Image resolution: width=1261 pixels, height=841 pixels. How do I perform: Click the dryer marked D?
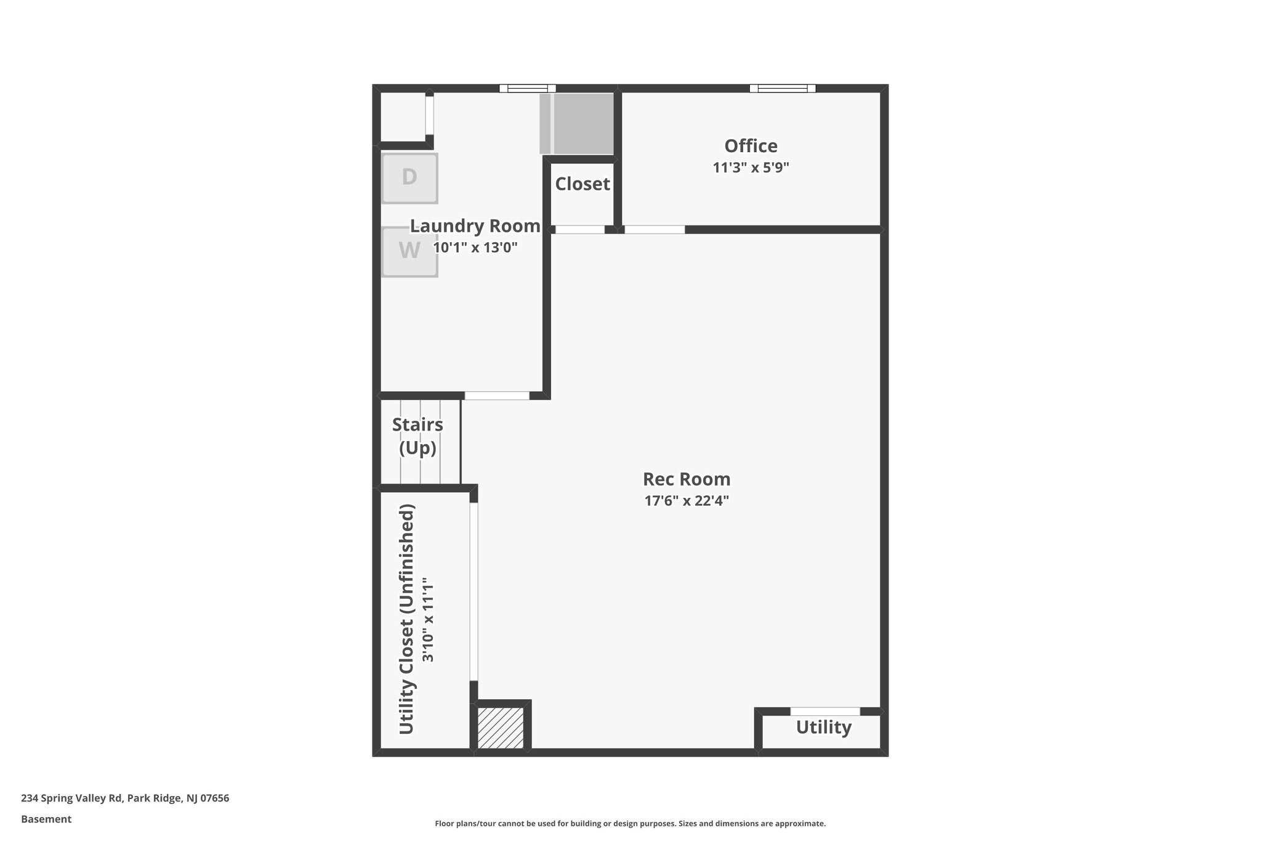[x=409, y=178]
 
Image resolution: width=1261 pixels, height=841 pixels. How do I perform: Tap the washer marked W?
[x=409, y=251]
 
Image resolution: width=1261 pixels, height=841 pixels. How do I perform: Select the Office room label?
[x=751, y=146]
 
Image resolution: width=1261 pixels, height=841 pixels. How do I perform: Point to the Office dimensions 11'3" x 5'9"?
[x=751, y=168]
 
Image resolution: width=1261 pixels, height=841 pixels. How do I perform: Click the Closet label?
[x=582, y=184]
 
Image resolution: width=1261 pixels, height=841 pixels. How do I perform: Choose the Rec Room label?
[x=687, y=479]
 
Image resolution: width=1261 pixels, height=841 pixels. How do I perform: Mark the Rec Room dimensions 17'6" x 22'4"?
[x=687, y=501]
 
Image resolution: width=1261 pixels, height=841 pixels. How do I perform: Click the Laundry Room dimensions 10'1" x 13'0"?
[x=475, y=248]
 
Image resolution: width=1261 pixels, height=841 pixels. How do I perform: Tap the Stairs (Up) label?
[x=417, y=436]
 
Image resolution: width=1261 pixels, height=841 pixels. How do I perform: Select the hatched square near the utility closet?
[x=501, y=728]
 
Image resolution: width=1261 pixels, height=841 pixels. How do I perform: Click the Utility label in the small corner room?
[x=823, y=728]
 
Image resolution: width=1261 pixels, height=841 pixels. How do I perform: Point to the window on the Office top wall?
[x=783, y=88]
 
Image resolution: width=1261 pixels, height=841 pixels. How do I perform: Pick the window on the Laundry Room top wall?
[x=527, y=88]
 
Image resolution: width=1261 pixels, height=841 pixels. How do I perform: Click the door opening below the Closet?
[x=580, y=230]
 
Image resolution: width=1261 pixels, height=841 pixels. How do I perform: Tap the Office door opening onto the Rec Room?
[x=655, y=230]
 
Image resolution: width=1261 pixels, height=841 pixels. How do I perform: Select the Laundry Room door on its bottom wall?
[x=497, y=396]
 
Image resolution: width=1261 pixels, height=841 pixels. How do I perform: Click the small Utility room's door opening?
[x=825, y=712]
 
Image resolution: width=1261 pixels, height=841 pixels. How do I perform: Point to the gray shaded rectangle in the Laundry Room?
[x=577, y=124]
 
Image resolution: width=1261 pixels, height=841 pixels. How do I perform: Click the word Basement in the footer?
[x=46, y=819]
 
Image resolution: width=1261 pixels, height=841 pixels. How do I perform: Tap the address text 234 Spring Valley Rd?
[x=72, y=798]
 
